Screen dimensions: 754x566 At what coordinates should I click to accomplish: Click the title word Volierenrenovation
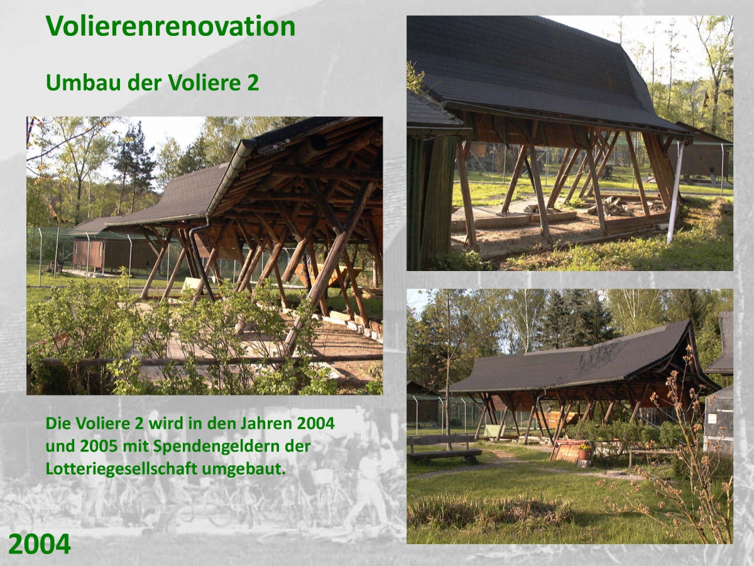(170, 26)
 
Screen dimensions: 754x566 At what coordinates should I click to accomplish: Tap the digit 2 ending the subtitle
(253, 83)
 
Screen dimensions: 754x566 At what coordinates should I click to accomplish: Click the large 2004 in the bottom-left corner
(40, 544)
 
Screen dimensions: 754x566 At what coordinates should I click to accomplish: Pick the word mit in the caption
(134, 446)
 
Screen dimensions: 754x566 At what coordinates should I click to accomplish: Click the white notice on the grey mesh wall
(713, 419)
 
